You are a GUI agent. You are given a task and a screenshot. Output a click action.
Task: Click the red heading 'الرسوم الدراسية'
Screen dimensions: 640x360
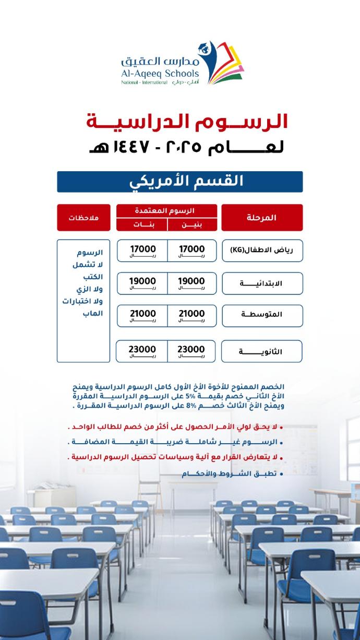tap(187, 121)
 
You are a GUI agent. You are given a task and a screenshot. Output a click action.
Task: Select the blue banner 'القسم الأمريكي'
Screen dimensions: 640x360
tap(179, 182)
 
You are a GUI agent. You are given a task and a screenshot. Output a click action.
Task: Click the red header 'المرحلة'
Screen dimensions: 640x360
tap(262, 217)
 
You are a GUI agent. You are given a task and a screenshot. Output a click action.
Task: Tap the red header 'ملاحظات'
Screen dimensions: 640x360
tap(83, 217)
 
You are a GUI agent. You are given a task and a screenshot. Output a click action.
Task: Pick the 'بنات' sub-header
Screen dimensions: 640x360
tap(142, 224)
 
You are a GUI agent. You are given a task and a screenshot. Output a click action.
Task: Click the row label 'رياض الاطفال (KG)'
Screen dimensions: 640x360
tap(262, 250)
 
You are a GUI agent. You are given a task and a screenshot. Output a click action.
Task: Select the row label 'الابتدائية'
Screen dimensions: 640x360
tap(262, 283)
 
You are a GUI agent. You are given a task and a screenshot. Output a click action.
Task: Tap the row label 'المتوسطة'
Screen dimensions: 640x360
tap(262, 315)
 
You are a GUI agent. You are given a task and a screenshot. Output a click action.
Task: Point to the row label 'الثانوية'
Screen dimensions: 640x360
tap(262, 351)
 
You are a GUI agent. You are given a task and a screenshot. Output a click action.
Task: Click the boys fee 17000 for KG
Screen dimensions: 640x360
tap(191, 251)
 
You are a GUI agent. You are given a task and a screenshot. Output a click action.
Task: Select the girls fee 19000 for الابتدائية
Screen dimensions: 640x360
tap(142, 282)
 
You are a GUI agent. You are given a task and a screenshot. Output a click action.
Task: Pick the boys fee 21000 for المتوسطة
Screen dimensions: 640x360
tap(191, 315)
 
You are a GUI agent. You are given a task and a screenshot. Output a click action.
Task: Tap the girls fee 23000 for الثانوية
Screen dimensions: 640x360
tap(142, 351)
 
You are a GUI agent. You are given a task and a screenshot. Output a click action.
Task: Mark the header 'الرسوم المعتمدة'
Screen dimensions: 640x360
tap(167, 210)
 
